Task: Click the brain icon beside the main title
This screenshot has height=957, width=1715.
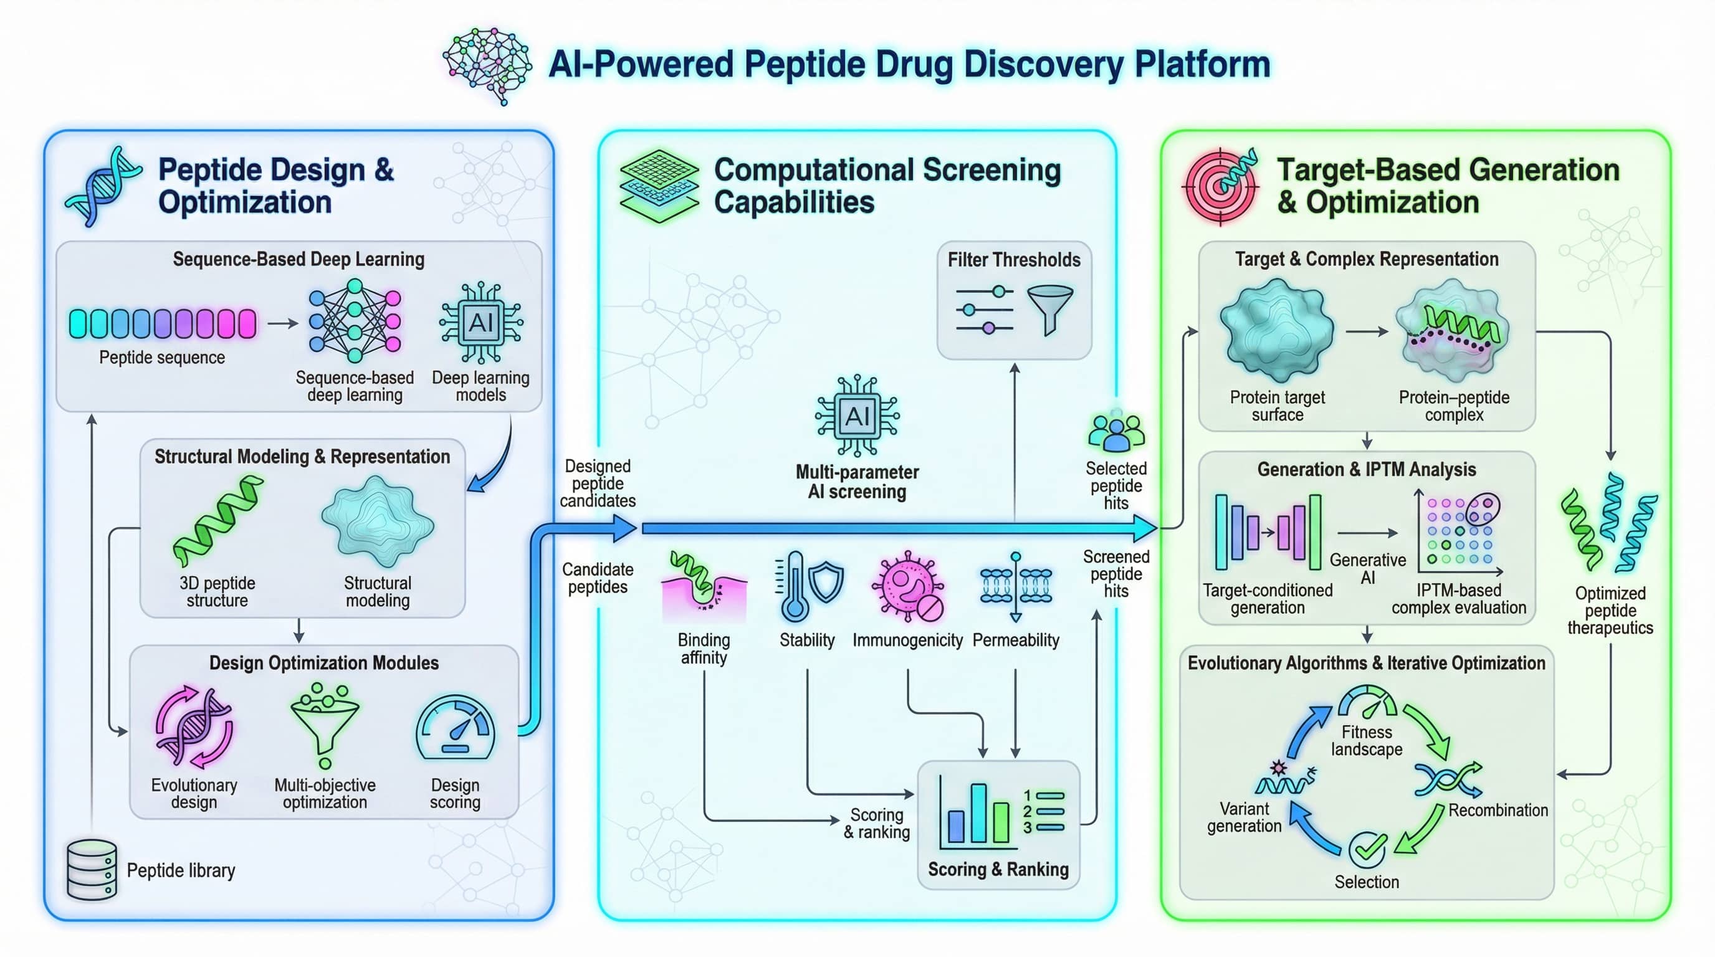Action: point(487,65)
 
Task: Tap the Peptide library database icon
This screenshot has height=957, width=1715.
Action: point(92,869)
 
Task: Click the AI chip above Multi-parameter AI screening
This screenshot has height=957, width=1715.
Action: point(857,416)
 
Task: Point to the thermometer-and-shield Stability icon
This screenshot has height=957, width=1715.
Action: point(808,586)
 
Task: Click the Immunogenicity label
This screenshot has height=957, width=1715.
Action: point(907,640)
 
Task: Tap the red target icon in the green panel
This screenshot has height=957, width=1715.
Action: point(1220,186)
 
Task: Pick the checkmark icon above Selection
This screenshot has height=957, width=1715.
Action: point(1367,849)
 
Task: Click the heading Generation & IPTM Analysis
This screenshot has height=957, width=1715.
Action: point(1366,470)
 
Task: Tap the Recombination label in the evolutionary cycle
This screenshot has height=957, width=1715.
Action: point(1498,810)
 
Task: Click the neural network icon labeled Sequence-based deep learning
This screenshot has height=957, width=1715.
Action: point(355,316)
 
